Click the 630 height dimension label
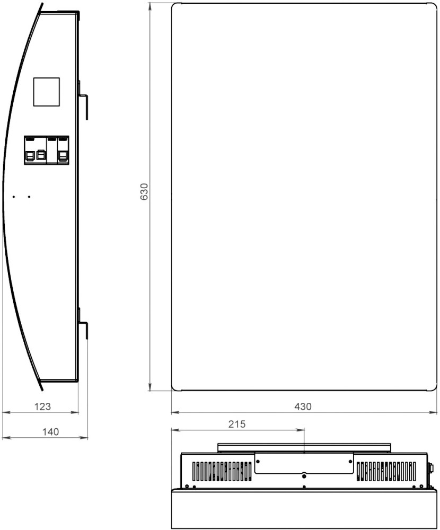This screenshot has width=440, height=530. coord(144,192)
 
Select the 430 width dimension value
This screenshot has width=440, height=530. coord(303,407)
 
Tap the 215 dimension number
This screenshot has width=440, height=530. coord(237,424)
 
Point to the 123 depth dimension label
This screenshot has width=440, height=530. coord(42,407)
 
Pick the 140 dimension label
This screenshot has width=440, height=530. coord(50,432)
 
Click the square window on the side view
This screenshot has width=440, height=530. coord(46,92)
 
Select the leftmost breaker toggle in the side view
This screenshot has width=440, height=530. coord(30,155)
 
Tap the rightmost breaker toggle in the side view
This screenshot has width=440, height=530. coord(63,155)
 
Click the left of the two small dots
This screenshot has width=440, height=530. coord(14,197)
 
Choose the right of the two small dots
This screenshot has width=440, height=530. coord(29,197)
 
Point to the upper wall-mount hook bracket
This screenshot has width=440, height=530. coord(84,100)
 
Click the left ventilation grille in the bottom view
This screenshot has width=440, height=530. coord(222,471)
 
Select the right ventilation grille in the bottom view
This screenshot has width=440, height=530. coord(386,471)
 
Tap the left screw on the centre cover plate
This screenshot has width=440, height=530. coord(258,462)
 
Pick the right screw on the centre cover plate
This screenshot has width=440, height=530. coord(350,462)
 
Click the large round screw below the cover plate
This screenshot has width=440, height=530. coord(304,476)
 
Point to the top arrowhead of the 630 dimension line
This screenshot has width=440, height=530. coord(150,7)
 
